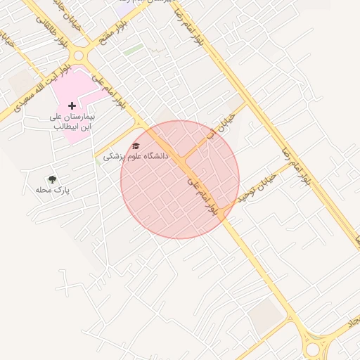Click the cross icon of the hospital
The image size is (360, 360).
click(x=72, y=105)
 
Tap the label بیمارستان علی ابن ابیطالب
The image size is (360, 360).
click(x=72, y=122)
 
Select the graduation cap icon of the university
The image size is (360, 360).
click(x=136, y=146)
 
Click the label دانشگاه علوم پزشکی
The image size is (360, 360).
click(x=136, y=156)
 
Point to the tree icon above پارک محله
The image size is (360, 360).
click(x=51, y=180)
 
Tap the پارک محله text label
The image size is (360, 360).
click(x=53, y=191)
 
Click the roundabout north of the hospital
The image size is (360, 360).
click(x=79, y=56)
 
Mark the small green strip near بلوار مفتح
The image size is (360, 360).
click(x=133, y=50)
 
